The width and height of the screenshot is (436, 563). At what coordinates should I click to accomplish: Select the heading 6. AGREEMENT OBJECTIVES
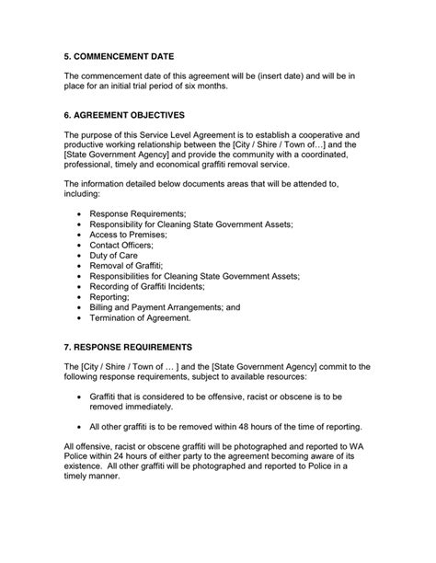tap(124, 115)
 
